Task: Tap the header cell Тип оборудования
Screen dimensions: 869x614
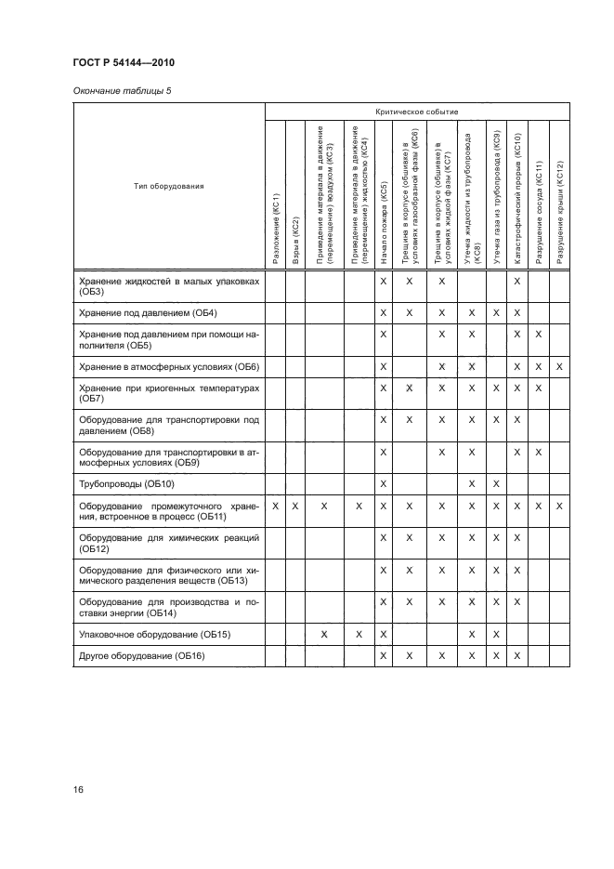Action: pyautogui.click(x=168, y=186)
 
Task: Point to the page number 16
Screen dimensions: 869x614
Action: pyautogui.click(x=78, y=790)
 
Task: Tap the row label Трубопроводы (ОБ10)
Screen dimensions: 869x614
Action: pyautogui.click(x=126, y=484)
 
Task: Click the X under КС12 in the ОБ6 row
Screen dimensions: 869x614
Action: pyautogui.click(x=559, y=367)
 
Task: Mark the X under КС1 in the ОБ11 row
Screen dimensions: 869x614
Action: pyautogui.click(x=275, y=506)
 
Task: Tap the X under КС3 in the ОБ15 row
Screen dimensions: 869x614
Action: pyautogui.click(x=323, y=634)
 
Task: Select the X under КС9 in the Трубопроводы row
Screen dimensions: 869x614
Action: pyautogui.click(x=496, y=484)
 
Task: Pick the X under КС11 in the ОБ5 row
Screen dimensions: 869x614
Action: pyautogui.click(x=539, y=334)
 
